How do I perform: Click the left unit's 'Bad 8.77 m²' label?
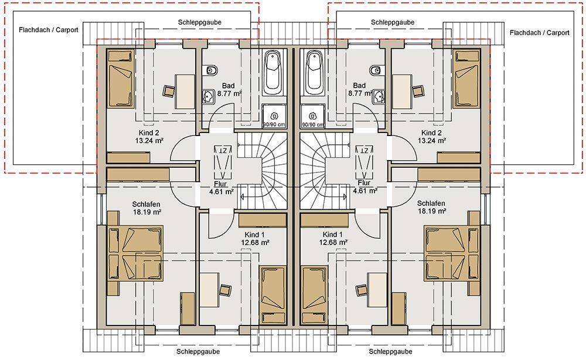[x=228, y=90]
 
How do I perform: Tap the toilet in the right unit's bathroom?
[x=375, y=70]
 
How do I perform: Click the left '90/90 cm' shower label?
[x=274, y=124]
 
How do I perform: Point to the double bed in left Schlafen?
[x=135, y=253]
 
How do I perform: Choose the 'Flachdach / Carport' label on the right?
[x=539, y=33]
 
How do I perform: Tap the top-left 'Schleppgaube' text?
[x=200, y=22]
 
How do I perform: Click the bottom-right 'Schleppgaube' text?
[x=390, y=351]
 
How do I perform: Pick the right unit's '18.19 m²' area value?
[x=432, y=211]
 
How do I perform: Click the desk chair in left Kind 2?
[x=169, y=91]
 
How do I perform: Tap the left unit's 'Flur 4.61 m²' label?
[x=222, y=188]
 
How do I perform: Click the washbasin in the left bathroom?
[x=208, y=96]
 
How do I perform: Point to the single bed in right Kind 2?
[x=466, y=79]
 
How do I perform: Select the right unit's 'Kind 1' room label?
[x=332, y=235]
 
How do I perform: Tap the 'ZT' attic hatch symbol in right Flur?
[x=364, y=162]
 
